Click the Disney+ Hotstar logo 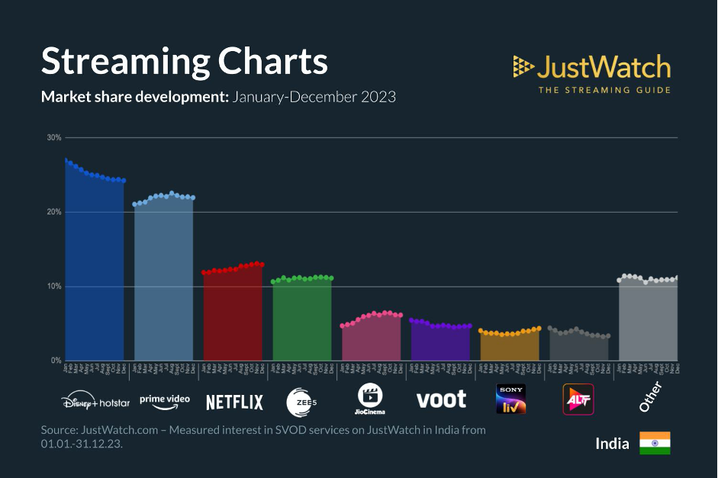click(x=95, y=401)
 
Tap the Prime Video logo click(x=164, y=400)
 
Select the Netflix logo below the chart click(x=234, y=402)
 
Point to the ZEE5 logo click(x=301, y=401)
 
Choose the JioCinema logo click(x=370, y=399)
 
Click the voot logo click(x=441, y=399)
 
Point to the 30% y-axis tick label click(x=54, y=138)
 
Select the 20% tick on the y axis click(x=54, y=212)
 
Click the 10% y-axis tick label click(x=54, y=287)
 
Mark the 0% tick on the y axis click(x=56, y=361)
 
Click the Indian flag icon click(x=655, y=443)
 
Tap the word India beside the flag click(x=612, y=444)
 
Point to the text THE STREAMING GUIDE click(x=605, y=90)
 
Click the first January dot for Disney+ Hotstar click(x=66, y=160)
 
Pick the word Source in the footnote click(x=62, y=430)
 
